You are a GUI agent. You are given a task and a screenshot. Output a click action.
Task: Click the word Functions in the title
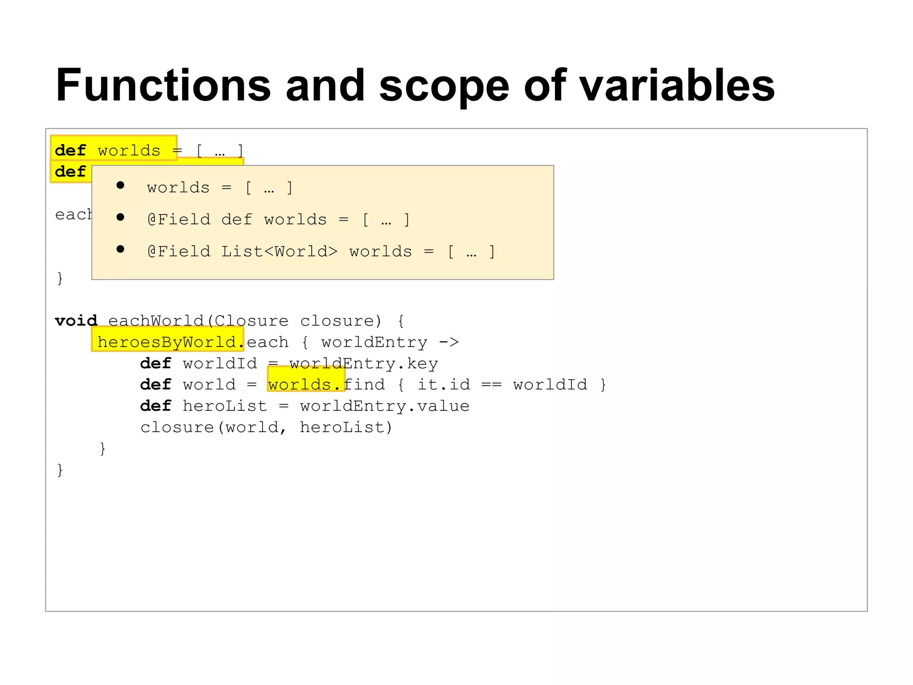point(163,85)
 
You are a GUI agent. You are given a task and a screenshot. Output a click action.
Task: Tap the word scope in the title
point(444,85)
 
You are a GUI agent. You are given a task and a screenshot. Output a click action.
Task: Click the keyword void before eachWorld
point(76,321)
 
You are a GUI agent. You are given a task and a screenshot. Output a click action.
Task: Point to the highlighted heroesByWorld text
point(167,342)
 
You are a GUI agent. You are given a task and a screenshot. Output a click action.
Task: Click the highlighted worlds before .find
point(300,384)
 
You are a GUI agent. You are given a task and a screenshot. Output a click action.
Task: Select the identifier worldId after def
point(220,363)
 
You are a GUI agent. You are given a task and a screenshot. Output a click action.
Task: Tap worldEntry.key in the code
point(363,363)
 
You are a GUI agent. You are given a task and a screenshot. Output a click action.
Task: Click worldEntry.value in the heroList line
point(384,406)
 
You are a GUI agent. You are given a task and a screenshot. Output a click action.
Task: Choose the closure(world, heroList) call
point(266,427)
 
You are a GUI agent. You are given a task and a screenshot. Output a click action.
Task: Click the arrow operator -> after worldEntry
point(448,342)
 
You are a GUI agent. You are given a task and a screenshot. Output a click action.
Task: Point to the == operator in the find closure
point(491,384)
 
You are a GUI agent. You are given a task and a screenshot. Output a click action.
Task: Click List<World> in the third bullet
point(280,252)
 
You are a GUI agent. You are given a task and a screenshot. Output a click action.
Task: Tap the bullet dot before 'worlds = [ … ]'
point(120,186)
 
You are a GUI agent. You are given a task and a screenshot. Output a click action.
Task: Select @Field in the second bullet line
point(178,219)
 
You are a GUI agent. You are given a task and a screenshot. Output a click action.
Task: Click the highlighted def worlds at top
point(114,150)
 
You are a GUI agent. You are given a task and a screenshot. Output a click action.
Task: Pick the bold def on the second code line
point(70,171)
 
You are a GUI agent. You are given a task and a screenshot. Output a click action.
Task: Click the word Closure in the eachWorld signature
point(251,321)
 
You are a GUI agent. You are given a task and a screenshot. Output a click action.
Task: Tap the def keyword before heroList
point(156,406)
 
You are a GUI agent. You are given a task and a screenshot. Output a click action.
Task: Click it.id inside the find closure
point(444,384)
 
